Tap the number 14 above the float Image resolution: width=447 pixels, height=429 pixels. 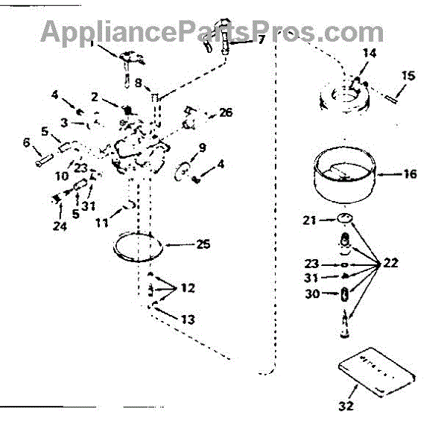370,54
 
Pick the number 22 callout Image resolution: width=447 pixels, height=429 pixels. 391,263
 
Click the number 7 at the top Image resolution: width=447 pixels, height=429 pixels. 261,39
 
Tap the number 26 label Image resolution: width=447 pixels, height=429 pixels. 226,113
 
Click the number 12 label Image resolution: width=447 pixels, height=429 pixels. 189,287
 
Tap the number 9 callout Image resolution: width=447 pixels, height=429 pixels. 202,147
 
